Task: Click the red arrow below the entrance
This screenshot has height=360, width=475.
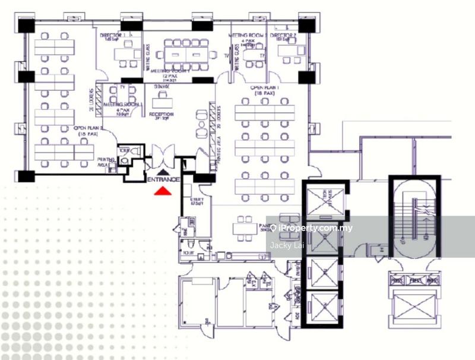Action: [163, 191]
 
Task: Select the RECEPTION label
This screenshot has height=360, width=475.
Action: [161, 115]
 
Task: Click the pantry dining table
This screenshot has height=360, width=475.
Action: [245, 226]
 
